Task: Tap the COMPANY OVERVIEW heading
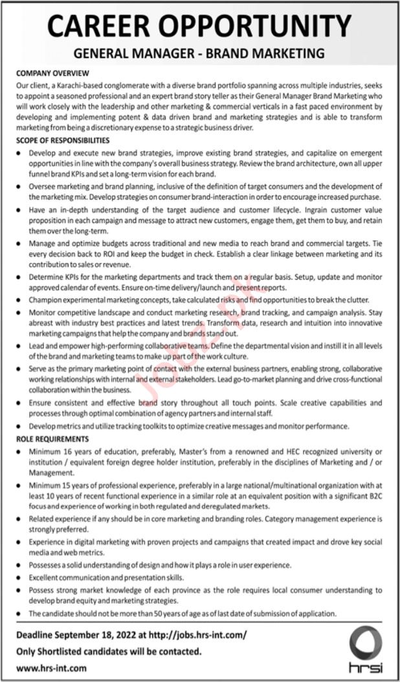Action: pos(52,74)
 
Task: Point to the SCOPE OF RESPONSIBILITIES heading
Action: pos(63,141)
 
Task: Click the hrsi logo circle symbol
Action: pos(366,644)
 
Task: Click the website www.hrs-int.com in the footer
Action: pos(50,668)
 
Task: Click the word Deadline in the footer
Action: pos(37,637)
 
